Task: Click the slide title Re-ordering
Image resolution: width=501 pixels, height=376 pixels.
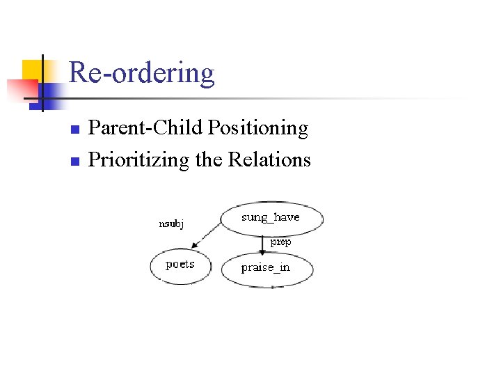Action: pyautogui.click(x=142, y=73)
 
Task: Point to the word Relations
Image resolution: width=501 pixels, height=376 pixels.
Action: pyautogui.click(x=269, y=160)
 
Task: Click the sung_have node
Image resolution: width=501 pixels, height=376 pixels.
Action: pyautogui.click(x=271, y=218)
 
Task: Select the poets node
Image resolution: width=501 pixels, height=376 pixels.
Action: pyautogui.click(x=180, y=265)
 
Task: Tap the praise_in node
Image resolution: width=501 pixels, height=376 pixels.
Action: pyautogui.click(x=267, y=268)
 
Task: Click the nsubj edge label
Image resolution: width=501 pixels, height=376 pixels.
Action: pyautogui.click(x=171, y=224)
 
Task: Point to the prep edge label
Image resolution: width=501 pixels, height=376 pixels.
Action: pyautogui.click(x=280, y=242)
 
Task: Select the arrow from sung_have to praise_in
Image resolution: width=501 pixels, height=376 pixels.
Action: pyautogui.click(x=262, y=244)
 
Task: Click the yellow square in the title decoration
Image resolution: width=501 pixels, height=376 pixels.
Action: pyautogui.click(x=31, y=70)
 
